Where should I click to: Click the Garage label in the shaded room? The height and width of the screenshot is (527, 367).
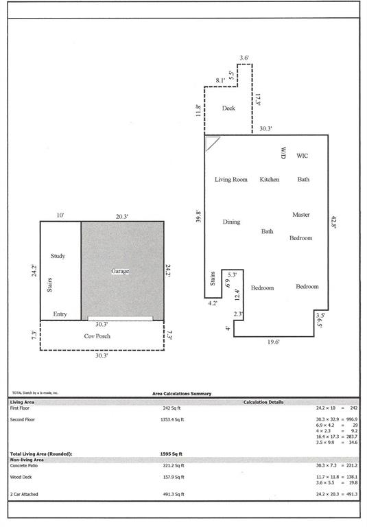120,271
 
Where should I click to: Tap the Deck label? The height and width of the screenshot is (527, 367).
228,108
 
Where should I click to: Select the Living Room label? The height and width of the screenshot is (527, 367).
230,180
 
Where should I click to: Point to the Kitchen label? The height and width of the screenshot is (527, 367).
270,180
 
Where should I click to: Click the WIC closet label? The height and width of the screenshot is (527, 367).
302,156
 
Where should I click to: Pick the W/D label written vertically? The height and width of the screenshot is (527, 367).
281,153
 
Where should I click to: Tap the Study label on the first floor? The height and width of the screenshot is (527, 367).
58,256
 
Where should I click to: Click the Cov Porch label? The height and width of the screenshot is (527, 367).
97,336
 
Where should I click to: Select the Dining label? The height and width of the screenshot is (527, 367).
231,222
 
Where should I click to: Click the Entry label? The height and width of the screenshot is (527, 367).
60,314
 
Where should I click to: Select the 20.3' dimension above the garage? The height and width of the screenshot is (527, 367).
123,216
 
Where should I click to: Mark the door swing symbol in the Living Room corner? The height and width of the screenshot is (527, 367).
212,142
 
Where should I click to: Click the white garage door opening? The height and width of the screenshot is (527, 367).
120,318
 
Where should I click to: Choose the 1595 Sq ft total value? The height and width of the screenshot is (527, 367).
172,454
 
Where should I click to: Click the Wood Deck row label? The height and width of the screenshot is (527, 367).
23,476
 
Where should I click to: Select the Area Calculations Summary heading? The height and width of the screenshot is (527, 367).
182,394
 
